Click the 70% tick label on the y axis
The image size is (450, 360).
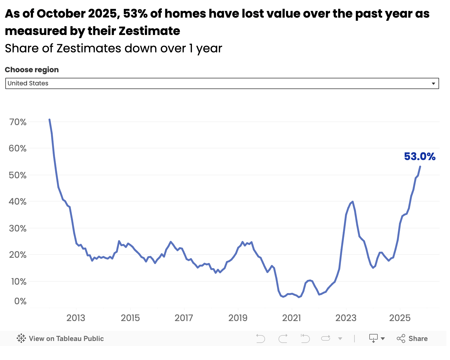coord(18,122)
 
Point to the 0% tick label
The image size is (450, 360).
coord(20,301)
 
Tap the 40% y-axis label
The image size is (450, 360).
coord(18,202)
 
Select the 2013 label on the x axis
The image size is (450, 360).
coord(76,318)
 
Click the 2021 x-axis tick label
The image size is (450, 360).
coord(291,318)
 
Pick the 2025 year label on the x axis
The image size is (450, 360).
coord(400,318)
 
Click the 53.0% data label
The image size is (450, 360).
coord(420,156)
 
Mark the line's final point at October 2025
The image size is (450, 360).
coord(420,167)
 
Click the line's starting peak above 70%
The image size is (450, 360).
coord(50,120)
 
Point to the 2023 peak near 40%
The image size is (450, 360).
coord(352,202)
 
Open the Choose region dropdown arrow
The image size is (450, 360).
coord(433,84)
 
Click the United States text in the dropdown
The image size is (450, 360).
coord(28,83)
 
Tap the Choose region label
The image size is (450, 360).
coord(32,70)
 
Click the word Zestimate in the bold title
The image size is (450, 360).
coord(149,31)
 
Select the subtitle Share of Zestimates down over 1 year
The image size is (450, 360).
coord(113,48)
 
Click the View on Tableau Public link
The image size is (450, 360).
coord(66,338)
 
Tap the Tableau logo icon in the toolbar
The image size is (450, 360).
coord(21,338)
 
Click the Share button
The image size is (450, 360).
coord(412,338)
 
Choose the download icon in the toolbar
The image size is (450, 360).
coord(374,338)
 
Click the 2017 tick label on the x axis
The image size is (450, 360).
coord(184,318)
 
